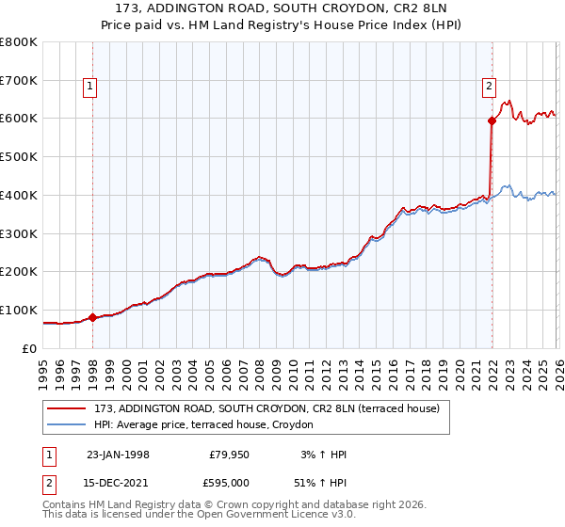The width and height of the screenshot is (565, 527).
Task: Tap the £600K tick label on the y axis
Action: pyautogui.click(x=19, y=119)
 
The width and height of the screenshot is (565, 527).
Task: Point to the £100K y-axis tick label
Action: pyautogui.click(x=19, y=310)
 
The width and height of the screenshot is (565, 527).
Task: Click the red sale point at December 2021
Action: pyautogui.click(x=492, y=120)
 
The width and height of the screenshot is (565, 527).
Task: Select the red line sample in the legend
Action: pyautogui.click(x=67, y=408)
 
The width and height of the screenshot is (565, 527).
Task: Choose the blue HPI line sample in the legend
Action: pyautogui.click(x=67, y=424)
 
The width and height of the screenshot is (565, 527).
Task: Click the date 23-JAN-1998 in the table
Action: pyautogui.click(x=118, y=455)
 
